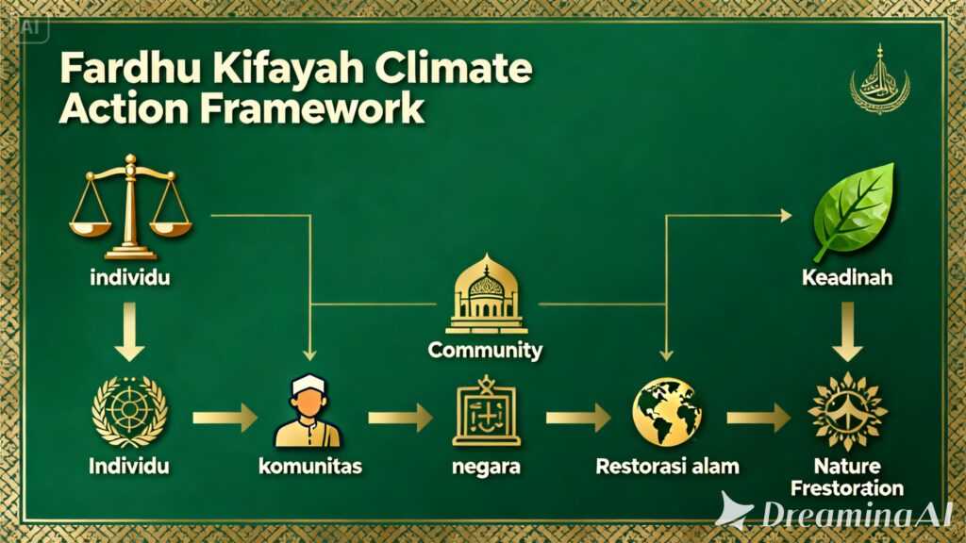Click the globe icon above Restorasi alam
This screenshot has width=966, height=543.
click(x=666, y=413)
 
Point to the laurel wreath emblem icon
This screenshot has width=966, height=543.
click(x=129, y=411)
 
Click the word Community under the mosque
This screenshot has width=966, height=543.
click(x=485, y=351)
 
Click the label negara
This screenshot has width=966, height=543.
click(x=487, y=466)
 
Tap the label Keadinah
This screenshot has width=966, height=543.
click(x=847, y=280)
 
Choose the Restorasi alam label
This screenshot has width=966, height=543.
click(x=668, y=466)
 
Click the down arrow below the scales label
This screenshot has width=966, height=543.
click(x=129, y=337)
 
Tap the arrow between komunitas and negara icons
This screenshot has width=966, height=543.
click(x=400, y=415)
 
